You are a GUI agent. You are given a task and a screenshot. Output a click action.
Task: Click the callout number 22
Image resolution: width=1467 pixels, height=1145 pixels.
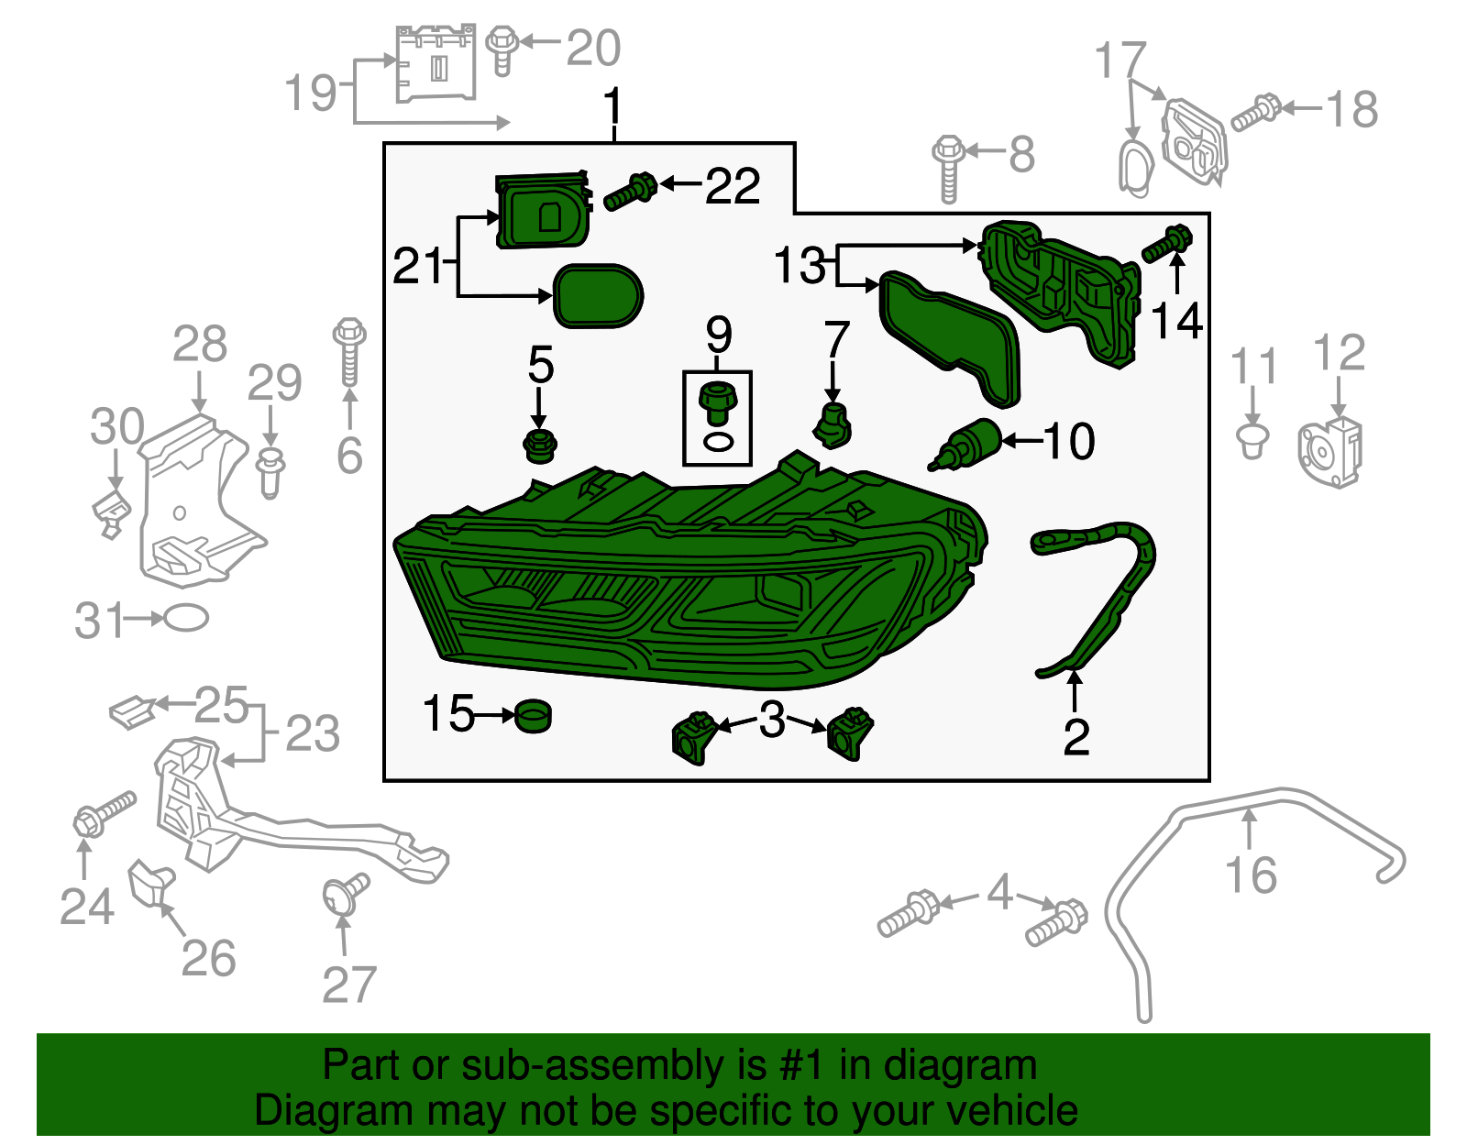pos(732,186)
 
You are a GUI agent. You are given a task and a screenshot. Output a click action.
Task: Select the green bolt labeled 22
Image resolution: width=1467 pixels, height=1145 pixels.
pos(630,193)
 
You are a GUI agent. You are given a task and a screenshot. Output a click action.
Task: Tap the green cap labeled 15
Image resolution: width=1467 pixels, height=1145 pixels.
pos(534,715)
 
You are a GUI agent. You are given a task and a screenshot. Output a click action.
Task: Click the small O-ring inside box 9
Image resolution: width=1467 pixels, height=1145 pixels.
pos(718,443)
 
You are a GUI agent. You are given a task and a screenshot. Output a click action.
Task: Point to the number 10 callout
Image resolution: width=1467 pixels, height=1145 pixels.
pos(1068,441)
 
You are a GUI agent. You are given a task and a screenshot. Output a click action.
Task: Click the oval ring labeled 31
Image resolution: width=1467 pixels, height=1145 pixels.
pos(185,618)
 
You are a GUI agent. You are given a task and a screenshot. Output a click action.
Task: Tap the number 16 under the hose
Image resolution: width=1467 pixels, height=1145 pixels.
pos(1251,875)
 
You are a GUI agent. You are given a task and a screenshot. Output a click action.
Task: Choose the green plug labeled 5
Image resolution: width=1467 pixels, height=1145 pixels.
pos(540,446)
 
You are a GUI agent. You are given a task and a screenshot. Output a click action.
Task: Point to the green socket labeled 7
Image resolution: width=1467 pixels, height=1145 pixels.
pos(833,425)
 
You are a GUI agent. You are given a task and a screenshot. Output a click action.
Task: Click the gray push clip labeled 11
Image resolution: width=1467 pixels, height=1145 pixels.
pos(1252,438)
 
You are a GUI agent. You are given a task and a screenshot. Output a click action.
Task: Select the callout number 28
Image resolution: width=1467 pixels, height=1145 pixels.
pos(200,345)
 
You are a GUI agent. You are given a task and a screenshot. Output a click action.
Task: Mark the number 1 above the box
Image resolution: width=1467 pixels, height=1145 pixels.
pos(612,106)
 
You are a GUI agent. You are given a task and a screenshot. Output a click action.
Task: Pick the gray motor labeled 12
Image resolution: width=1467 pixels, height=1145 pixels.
pos(1330,451)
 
